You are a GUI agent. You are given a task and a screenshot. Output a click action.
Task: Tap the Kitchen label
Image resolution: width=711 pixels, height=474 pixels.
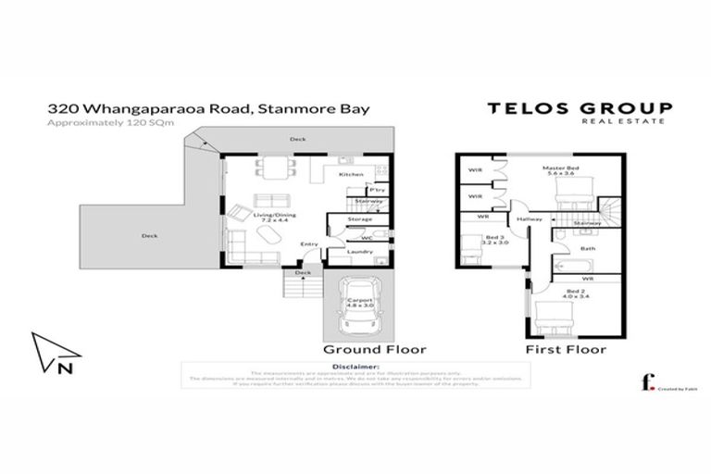point(350,174)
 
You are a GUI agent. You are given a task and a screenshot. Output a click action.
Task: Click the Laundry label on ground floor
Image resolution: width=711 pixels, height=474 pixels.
point(360,252)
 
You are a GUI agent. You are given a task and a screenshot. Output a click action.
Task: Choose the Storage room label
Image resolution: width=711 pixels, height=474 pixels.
point(360,220)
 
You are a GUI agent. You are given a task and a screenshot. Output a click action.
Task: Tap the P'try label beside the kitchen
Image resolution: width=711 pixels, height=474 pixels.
point(376,190)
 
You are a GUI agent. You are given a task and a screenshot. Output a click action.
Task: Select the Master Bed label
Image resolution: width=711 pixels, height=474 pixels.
point(559,169)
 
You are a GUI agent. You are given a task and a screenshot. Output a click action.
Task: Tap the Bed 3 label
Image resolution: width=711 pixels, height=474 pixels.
point(494,238)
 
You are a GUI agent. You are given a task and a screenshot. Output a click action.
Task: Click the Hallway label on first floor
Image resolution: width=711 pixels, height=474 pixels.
point(529,219)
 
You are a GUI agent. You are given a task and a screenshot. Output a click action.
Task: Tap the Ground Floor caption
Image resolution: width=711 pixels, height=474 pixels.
point(374,350)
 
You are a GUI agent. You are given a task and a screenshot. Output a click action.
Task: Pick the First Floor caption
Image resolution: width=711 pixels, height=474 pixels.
point(566,350)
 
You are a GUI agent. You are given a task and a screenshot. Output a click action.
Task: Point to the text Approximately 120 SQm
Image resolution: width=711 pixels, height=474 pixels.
point(109,122)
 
